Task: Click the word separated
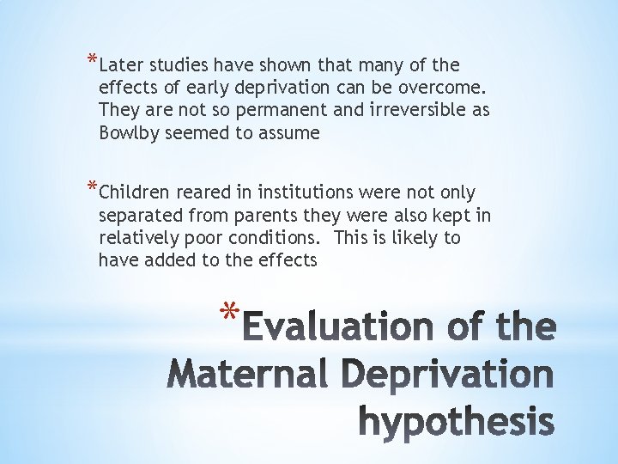tap(139, 215)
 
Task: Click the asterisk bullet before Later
tap(91, 61)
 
